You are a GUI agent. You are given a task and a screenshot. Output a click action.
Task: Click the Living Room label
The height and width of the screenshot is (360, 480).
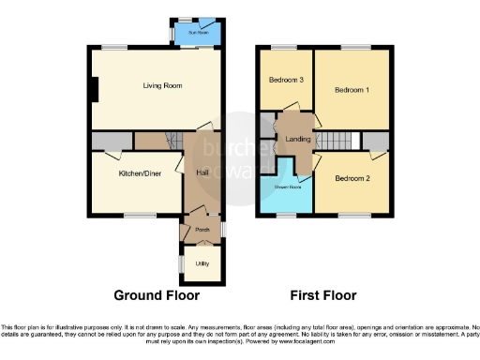161,87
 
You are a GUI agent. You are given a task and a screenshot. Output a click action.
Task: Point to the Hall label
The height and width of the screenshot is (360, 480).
202,173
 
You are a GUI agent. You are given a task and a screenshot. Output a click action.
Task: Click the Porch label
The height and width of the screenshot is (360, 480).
202,229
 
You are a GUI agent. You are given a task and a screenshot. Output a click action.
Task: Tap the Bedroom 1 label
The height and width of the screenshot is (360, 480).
352,89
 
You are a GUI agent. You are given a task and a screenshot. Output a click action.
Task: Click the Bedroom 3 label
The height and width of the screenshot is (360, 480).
287,80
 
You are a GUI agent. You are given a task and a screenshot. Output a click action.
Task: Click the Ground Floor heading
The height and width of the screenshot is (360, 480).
157,295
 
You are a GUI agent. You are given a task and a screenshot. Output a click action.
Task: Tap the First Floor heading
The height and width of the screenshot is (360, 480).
323,295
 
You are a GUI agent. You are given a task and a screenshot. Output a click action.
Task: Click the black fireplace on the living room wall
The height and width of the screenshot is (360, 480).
94,88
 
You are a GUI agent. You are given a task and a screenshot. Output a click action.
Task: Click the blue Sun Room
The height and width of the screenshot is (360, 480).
197,36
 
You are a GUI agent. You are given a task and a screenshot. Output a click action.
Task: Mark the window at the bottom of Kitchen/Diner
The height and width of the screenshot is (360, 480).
141,217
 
